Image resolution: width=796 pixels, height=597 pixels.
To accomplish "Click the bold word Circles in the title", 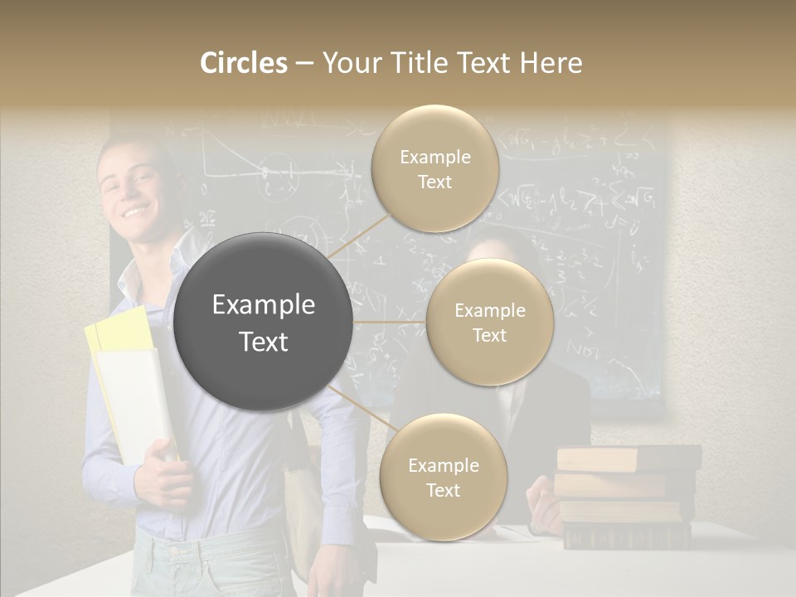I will (243, 63).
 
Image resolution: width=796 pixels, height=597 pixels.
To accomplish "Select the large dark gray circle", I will (264, 322).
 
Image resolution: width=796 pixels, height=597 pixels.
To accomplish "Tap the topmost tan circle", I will (434, 168).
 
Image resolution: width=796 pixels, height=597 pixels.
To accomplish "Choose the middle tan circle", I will (489, 322).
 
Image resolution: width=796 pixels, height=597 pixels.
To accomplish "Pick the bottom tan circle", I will (443, 477).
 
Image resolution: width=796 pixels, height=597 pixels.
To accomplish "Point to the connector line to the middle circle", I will (390, 322).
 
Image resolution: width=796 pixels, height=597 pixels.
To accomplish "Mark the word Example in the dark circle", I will (264, 305).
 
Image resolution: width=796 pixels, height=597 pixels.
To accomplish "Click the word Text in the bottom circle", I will (443, 490).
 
